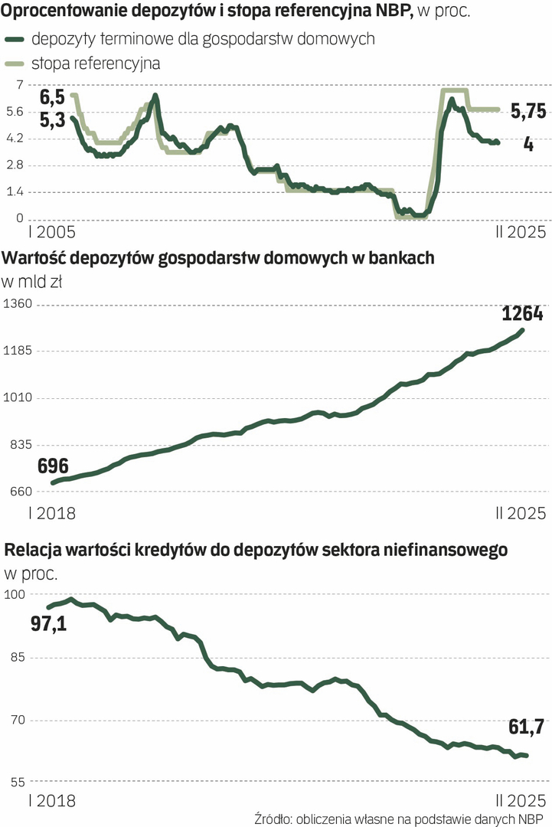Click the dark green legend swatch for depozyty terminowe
(15, 39)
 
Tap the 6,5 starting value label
(53, 97)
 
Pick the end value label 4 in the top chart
(528, 143)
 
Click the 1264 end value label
(522, 313)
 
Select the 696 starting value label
(53, 466)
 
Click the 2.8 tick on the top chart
(16, 165)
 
